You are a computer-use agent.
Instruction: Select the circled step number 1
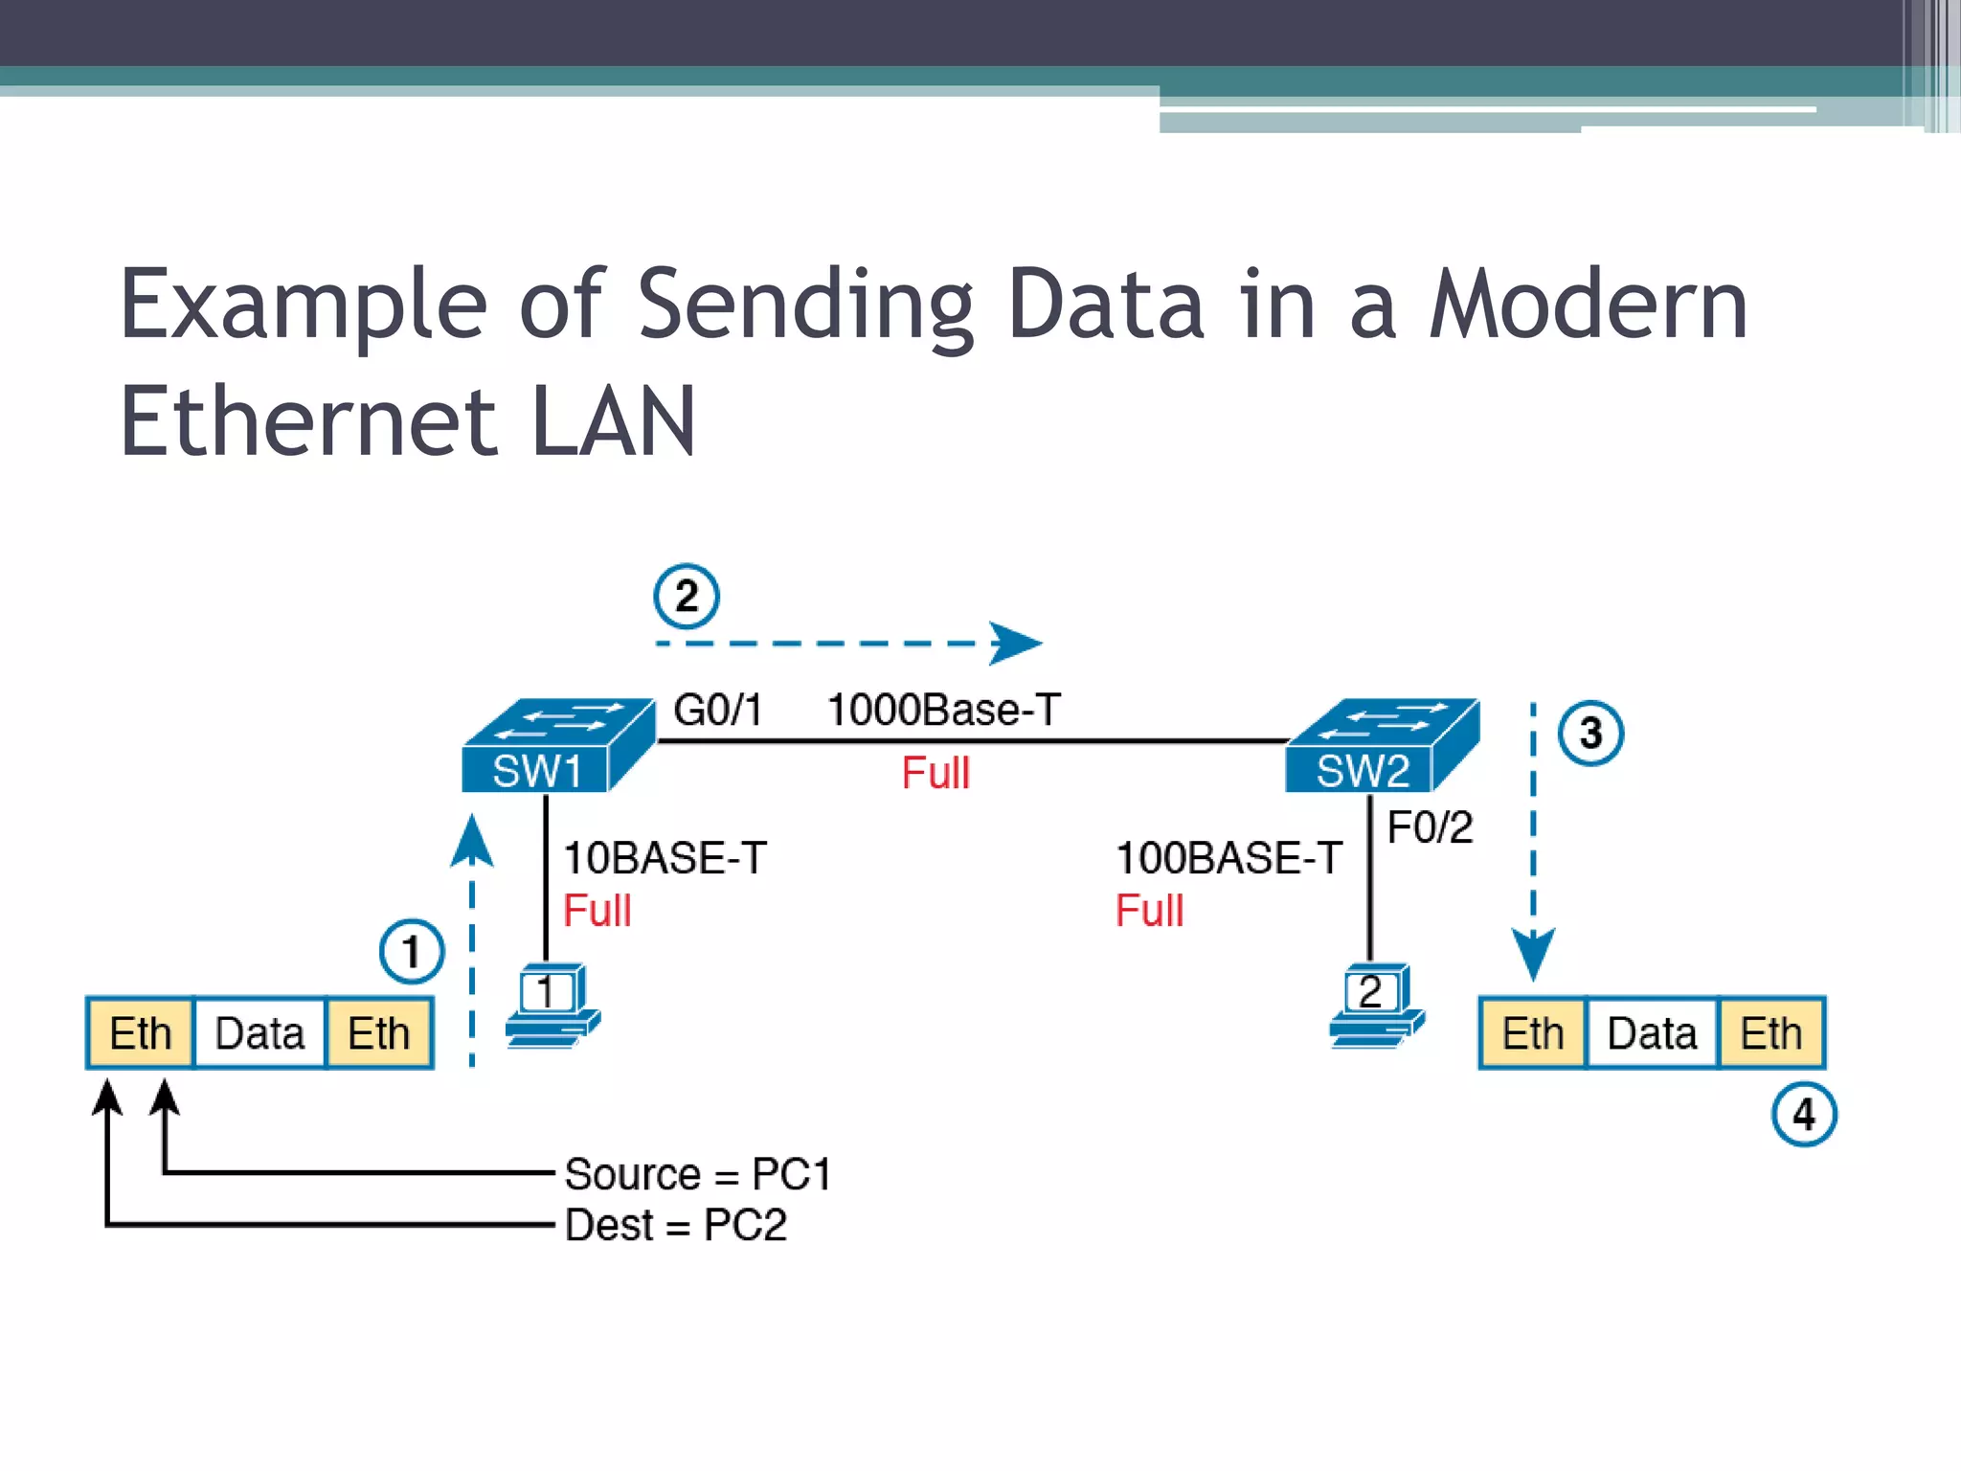pos(412,952)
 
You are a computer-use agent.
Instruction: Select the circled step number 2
pos(687,597)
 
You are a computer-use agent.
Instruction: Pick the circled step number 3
pos(1590,734)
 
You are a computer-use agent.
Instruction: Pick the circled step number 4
pos(1804,1114)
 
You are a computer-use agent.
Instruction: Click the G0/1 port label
pos(718,710)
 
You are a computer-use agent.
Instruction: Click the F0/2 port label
pos(1430,827)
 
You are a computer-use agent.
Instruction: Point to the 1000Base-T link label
pos(943,710)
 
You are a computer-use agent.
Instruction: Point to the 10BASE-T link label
pos(665,857)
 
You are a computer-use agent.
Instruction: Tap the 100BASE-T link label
pos(1228,857)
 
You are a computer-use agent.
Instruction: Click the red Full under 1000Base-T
pos(935,773)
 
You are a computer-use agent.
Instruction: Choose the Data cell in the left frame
pos(259,1033)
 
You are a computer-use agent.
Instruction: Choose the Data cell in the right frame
pos(1652,1033)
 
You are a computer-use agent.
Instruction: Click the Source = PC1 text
pos(698,1174)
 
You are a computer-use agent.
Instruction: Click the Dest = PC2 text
pos(676,1225)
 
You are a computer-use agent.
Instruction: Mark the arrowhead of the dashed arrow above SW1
pos(1015,643)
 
